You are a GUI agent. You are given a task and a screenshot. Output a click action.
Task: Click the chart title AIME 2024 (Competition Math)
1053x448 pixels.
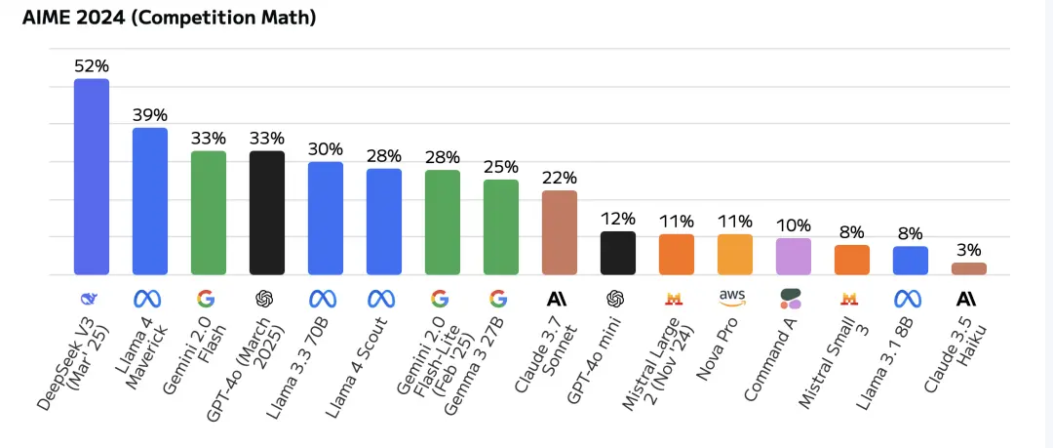170,19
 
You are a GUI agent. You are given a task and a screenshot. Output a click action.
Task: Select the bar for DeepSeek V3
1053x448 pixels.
92,177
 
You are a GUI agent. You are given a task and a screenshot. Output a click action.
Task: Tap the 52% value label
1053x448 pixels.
92,66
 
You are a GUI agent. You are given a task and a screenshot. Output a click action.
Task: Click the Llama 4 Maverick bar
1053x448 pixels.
150,201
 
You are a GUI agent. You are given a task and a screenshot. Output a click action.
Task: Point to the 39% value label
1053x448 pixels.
150,116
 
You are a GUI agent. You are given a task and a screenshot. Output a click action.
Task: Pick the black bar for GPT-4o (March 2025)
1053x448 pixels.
267,213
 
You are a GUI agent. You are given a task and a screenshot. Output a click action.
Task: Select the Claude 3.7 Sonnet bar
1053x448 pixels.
560,232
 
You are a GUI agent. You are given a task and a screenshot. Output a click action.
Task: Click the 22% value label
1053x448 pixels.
560,179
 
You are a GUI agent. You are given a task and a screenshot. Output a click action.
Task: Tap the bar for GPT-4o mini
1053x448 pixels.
618,253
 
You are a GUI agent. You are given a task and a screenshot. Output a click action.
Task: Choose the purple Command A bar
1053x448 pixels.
794,257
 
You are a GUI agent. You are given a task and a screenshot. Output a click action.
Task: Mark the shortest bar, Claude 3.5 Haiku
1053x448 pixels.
969,269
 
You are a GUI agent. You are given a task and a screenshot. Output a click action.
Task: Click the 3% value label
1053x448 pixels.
969,251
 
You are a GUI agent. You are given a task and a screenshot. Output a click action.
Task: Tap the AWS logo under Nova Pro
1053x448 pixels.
735,298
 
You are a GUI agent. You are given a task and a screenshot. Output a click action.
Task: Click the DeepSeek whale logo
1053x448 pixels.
92,299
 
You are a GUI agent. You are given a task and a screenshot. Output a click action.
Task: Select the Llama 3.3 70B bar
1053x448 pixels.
326,218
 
